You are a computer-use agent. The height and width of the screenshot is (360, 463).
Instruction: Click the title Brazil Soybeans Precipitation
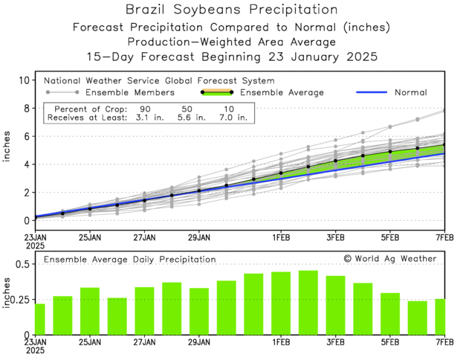(231, 10)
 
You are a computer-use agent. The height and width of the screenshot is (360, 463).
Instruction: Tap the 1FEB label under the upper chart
(281, 237)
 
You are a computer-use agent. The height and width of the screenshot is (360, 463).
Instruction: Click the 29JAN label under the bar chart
(198, 344)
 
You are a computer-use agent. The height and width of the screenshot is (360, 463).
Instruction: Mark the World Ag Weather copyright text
(391, 259)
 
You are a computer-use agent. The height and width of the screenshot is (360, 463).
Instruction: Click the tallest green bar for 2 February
(308, 302)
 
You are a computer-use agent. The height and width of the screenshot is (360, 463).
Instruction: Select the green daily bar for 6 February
(418, 318)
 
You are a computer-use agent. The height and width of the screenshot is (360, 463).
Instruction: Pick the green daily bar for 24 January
(62, 315)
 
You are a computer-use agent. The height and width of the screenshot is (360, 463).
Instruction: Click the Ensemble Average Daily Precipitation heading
(129, 260)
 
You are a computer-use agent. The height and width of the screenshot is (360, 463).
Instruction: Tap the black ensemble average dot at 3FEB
(336, 161)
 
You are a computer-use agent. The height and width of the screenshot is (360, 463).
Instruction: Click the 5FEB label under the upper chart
(390, 237)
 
